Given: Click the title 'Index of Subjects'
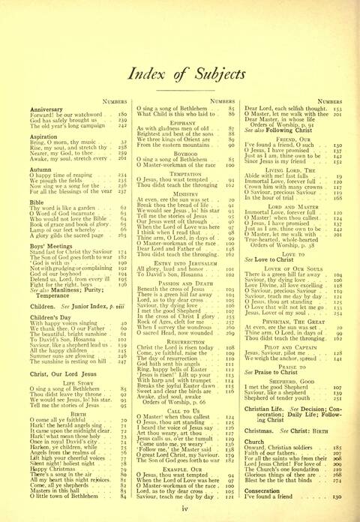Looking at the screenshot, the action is pos(180,72).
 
